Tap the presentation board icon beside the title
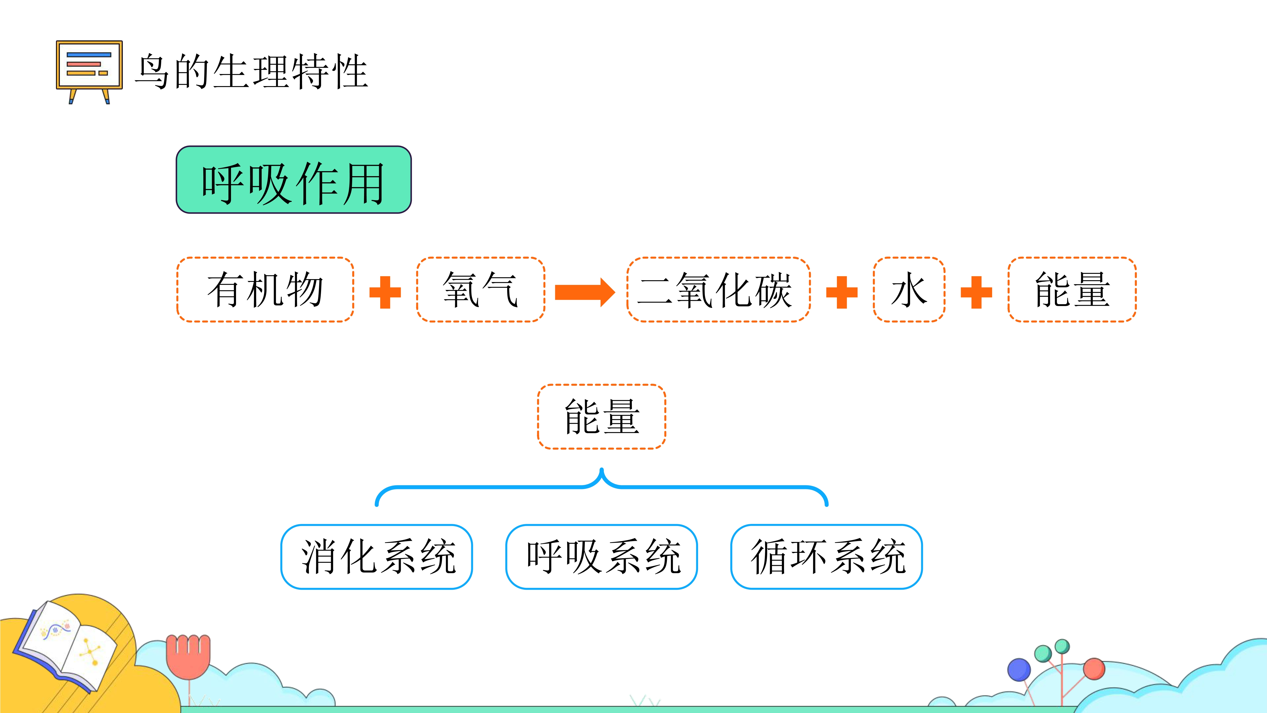point(89,71)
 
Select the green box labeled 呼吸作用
point(294,180)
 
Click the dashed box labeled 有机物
point(265,289)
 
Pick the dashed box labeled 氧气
point(481,289)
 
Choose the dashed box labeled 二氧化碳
point(719,289)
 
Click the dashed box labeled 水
point(909,289)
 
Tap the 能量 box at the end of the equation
point(1072,289)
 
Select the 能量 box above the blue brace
point(601,416)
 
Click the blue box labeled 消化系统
point(377,556)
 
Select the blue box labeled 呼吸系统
point(601,556)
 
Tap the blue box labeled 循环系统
point(827,556)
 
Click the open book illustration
point(67,645)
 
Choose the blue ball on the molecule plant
point(1019,670)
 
